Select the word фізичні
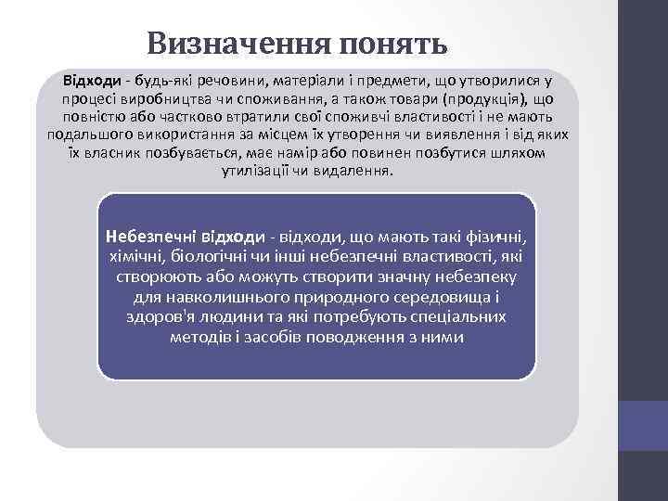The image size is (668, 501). point(498,238)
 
